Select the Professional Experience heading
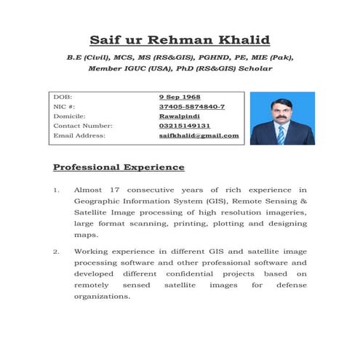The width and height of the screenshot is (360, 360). pos(119,167)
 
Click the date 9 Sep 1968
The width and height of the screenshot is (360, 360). pos(180,97)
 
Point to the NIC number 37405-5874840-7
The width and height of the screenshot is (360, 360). pos(192,106)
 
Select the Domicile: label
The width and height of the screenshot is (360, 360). pos(70,116)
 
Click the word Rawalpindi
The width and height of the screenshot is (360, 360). pos(180,116)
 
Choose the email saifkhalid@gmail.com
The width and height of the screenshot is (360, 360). pos(199,135)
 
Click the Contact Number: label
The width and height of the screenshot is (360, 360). pos(82,125)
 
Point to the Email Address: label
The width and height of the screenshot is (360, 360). pos(79,135)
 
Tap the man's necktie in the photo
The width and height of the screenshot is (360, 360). pos(281,132)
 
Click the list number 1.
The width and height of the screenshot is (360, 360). pos(56,190)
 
